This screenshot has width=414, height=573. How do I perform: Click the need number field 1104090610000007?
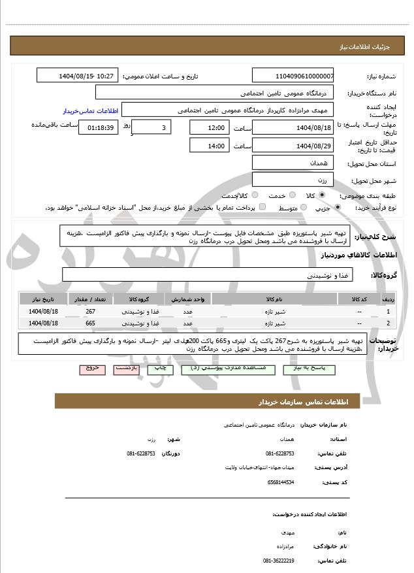point(293,76)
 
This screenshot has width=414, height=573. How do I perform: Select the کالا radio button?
point(322,195)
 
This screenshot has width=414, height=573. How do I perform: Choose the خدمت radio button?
point(291,195)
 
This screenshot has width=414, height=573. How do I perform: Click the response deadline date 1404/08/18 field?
point(293,127)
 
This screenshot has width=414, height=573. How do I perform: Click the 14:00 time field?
point(209,145)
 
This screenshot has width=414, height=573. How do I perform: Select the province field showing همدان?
point(293,163)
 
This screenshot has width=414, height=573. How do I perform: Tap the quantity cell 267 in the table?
point(90,312)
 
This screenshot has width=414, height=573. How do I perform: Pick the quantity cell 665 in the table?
point(90,323)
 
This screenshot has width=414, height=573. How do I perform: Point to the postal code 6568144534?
point(281,482)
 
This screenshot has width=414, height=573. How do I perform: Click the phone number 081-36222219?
point(279,561)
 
